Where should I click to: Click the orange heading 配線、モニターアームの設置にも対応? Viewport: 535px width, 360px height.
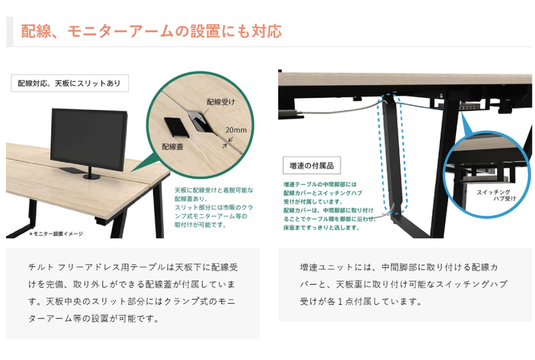[151, 31]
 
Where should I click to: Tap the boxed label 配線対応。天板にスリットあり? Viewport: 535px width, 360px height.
[70, 83]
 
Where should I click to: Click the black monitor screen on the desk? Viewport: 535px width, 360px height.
[89, 140]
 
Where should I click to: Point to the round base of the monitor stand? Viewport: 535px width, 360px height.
[92, 176]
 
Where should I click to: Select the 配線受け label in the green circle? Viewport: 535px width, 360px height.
[221, 102]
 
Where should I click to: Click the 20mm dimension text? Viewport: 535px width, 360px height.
[236, 130]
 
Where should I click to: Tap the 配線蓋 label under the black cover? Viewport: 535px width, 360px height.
[172, 147]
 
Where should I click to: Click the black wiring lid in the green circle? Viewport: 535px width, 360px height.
[176, 127]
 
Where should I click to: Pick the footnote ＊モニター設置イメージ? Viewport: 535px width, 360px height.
[56, 234]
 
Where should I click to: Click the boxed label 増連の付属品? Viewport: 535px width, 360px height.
[311, 166]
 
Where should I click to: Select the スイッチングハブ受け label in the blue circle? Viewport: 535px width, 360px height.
[496, 195]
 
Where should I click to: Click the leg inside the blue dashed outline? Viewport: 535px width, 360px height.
[392, 153]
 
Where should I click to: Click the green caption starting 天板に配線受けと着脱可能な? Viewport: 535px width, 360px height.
[214, 207]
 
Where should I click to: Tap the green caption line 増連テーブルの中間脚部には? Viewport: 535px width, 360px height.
[320, 184]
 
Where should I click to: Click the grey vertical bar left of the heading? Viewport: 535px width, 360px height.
[10, 31]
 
